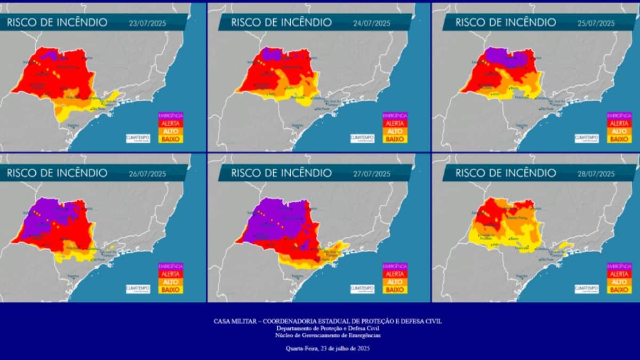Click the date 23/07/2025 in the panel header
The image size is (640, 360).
tap(151, 23)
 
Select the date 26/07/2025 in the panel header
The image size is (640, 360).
tap(151, 173)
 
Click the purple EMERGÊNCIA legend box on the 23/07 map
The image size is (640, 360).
tap(171, 115)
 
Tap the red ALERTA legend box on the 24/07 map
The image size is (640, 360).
tap(395, 123)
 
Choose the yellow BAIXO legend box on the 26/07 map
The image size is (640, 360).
tap(171, 290)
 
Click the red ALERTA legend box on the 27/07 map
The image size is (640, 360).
tap(395, 274)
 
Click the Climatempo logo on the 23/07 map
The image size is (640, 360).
tap(138, 138)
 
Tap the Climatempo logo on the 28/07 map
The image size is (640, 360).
tap(586, 289)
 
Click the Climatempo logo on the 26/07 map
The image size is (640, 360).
tap(138, 289)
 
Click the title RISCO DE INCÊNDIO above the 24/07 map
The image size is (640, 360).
tap(282, 22)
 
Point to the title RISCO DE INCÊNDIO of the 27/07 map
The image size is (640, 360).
tap(282, 173)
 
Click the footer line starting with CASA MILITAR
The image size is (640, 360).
tap(327, 321)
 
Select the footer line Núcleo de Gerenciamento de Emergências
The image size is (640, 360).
tap(327, 335)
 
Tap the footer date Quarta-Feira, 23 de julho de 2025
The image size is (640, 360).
tap(327, 348)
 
